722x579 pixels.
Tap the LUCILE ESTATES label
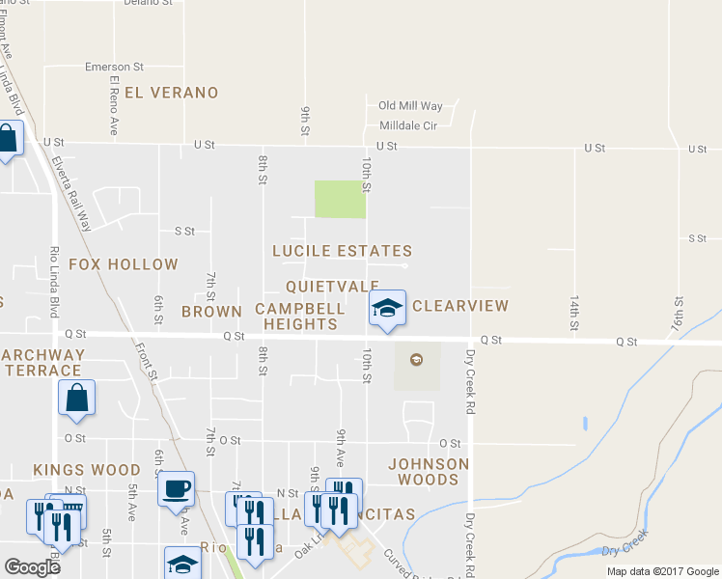pyautogui.click(x=342, y=251)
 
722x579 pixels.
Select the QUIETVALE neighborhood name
pyautogui.click(x=332, y=287)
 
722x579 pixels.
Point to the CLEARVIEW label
pyautogui.click(x=459, y=306)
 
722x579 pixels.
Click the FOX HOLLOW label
pyautogui.click(x=123, y=264)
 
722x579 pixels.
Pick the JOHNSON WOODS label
pyautogui.click(x=429, y=472)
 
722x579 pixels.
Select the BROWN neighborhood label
pyautogui.click(x=211, y=312)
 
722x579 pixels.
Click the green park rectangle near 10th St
pyautogui.click(x=340, y=200)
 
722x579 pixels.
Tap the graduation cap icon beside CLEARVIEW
pyautogui.click(x=387, y=309)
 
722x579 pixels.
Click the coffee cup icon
pyautogui.click(x=176, y=488)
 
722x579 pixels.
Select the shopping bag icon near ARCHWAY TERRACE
pyautogui.click(x=77, y=398)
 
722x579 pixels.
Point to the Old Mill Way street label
pyautogui.click(x=410, y=106)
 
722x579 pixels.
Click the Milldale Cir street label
pyautogui.click(x=408, y=125)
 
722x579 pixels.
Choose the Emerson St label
pyautogui.click(x=114, y=67)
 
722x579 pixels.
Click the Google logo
pyautogui.click(x=32, y=566)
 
